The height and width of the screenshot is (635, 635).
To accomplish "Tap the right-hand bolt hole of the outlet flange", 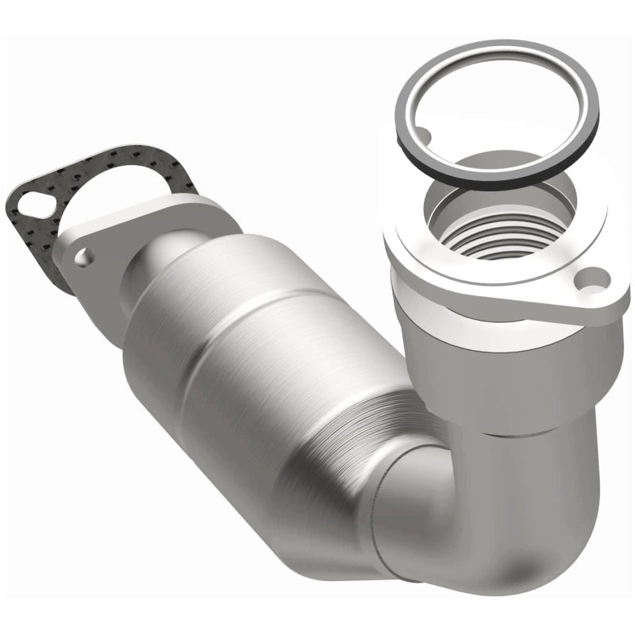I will [591, 279].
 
